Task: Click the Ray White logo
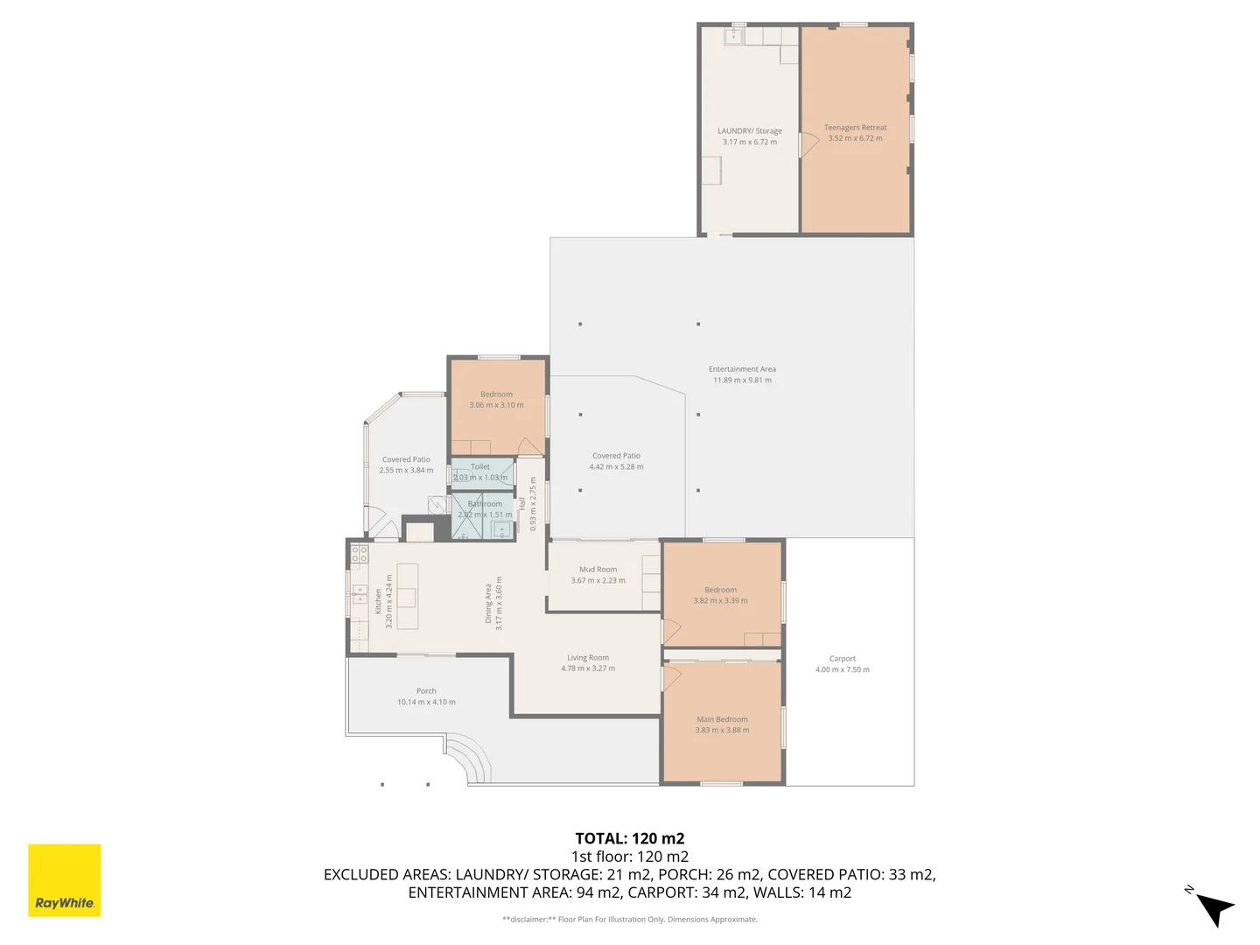click(x=64, y=880)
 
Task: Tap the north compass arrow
click(x=1214, y=907)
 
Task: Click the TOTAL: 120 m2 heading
click(x=629, y=838)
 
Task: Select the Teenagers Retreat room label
click(x=855, y=128)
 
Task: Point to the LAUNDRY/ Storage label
click(x=749, y=131)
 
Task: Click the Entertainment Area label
click(x=742, y=369)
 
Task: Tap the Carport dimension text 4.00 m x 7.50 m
click(x=842, y=670)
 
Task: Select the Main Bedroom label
click(x=722, y=719)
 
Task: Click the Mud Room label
click(x=598, y=570)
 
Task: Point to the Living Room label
click(x=587, y=658)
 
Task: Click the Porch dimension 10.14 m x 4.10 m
click(x=426, y=702)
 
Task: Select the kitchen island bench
click(x=407, y=596)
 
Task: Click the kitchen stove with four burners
click(x=360, y=553)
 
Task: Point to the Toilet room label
click(x=480, y=467)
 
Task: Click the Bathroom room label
click(x=485, y=504)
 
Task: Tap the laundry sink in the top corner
click(x=732, y=36)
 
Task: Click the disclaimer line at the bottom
click(x=629, y=920)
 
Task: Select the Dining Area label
click(x=488, y=604)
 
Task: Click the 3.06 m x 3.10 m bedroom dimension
click(x=496, y=405)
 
